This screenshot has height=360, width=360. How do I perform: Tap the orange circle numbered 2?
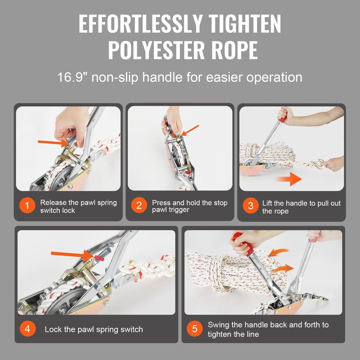pos(139,206)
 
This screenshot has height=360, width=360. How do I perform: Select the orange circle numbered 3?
pos(251,206)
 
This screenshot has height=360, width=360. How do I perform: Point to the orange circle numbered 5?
pos(195,329)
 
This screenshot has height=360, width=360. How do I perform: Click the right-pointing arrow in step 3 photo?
pos(290,179)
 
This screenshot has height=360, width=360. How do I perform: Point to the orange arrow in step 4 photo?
pos(70,255)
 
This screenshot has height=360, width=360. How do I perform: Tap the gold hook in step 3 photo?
pos(319,165)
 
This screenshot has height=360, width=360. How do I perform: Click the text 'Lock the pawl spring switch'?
pos(94,329)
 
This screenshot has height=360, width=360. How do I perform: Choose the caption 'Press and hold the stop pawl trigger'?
pos(189,206)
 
